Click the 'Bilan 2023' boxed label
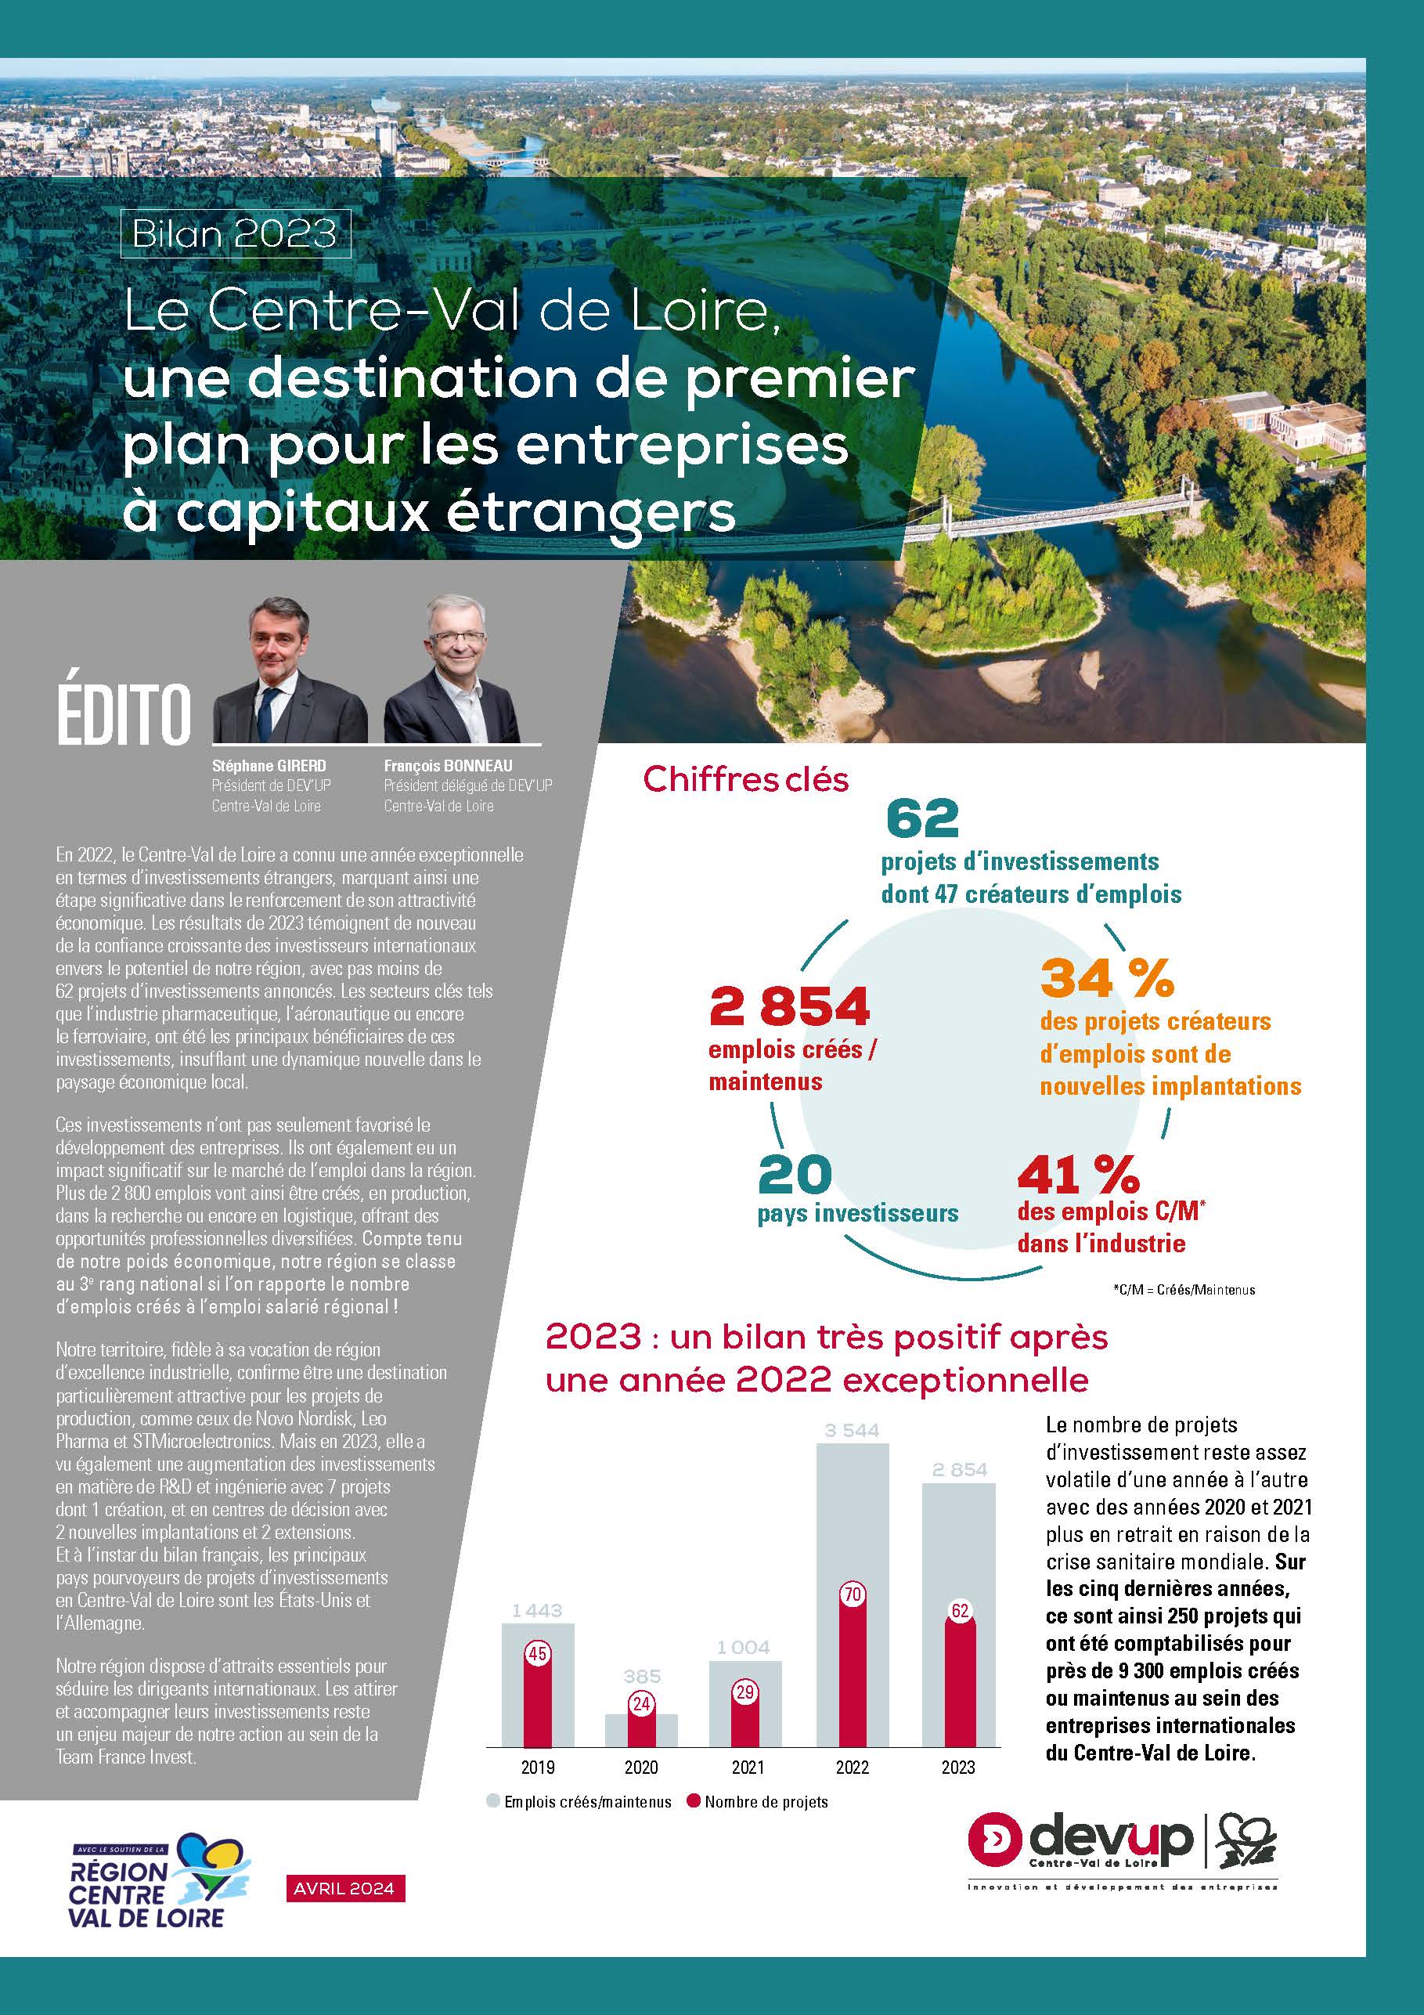(235, 233)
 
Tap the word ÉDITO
(124, 715)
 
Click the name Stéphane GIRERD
(269, 766)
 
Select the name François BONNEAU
(448, 766)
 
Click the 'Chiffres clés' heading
(746, 779)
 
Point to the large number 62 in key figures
(922, 819)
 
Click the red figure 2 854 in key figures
(789, 1006)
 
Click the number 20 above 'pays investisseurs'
(794, 1175)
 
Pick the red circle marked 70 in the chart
(852, 1594)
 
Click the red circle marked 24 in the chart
(641, 1703)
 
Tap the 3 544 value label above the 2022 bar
(851, 1432)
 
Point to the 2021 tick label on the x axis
(747, 1768)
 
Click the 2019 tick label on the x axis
(537, 1768)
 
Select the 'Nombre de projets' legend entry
(757, 1803)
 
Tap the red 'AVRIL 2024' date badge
(344, 1889)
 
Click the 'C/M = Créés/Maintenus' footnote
(1184, 1290)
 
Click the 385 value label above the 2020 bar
(641, 1676)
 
